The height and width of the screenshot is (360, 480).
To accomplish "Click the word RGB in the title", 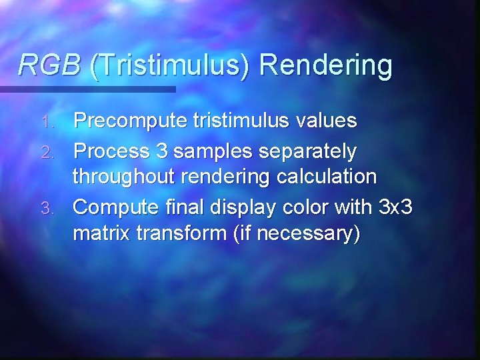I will pos(49,65).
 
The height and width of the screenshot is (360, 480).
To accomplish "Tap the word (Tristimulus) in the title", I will pos(170,65).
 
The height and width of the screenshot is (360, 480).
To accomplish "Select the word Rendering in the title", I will pos(325,65).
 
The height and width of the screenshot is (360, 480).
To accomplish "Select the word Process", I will pos(111,151).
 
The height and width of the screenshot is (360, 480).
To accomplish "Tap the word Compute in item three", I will pos(117,207).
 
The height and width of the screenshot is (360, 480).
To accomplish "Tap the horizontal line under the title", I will pos(87,89).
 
